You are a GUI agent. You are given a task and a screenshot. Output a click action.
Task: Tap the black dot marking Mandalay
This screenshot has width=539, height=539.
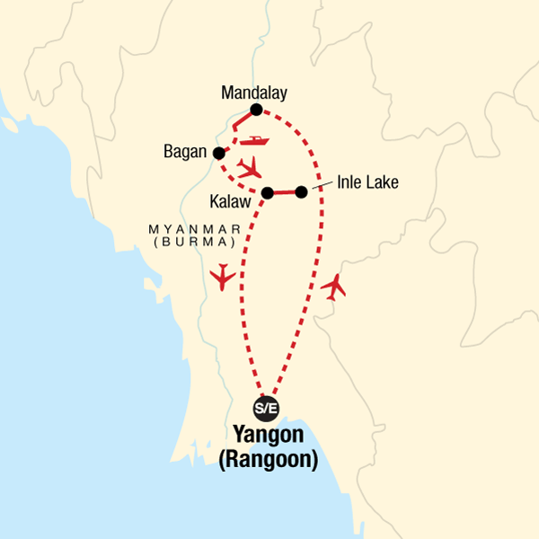tap(256, 110)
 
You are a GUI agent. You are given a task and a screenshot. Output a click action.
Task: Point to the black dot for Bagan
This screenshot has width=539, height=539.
tap(216, 152)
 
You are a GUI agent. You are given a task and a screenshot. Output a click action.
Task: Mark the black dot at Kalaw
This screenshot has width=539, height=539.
tap(267, 192)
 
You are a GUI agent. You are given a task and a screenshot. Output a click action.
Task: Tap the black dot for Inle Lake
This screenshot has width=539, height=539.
tap(301, 191)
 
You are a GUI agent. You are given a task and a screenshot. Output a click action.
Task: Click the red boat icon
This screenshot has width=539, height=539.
tap(254, 142)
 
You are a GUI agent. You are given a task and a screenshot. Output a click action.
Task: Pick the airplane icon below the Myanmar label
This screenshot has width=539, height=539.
tap(221, 277)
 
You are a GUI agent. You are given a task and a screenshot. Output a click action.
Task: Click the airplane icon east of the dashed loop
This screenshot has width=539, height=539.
tap(334, 287)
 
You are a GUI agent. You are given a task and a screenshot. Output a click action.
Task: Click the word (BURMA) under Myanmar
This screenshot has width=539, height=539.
tap(198, 243)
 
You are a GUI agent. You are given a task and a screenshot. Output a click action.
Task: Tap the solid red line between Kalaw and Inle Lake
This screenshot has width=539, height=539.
tap(284, 192)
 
